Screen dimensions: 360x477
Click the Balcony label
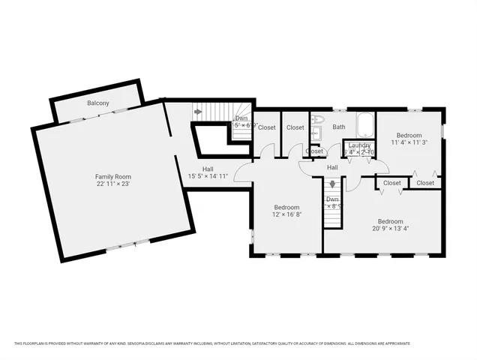[98, 102]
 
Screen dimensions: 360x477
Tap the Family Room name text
[113, 176]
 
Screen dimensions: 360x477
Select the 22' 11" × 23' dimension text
[113, 184]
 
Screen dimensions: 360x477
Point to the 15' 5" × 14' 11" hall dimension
[212, 176]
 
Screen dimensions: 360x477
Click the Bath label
[339, 127]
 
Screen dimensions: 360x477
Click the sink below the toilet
[316, 135]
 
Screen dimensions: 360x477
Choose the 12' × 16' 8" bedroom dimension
[286, 214]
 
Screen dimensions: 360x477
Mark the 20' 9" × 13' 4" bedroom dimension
[391, 229]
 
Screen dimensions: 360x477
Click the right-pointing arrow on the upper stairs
[198, 112]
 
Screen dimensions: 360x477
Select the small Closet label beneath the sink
[314, 151]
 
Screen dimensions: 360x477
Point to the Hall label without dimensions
[331, 168]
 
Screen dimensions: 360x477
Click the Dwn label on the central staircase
[331, 198]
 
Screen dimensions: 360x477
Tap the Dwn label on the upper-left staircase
[241, 118]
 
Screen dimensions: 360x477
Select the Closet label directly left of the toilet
[295, 127]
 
